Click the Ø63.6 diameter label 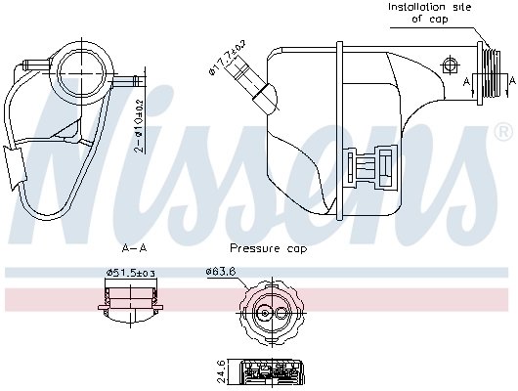coord(221,273)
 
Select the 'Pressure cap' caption coord(267,248)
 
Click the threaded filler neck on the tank coord(495,75)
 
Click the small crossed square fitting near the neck coord(450,65)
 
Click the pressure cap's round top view coord(267,312)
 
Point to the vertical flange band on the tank coord(339,127)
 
